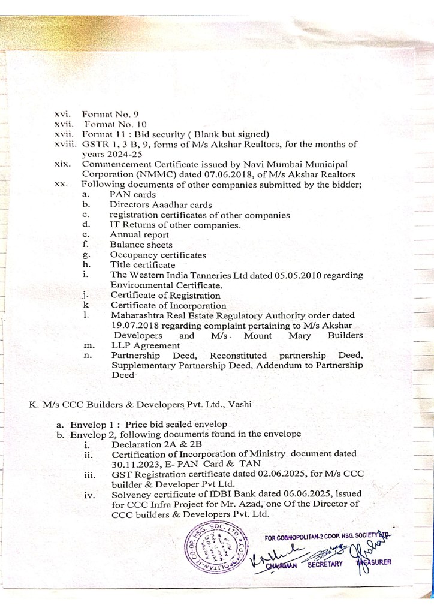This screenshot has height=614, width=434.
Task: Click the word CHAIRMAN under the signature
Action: point(279,563)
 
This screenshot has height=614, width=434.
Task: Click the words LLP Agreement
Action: point(144,345)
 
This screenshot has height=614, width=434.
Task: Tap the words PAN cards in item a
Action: point(132,194)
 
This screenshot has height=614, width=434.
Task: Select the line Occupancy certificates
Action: point(158,255)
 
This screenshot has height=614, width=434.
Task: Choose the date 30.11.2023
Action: point(137,463)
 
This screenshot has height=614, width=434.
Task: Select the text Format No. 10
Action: point(108,123)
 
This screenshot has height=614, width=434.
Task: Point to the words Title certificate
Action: point(143,264)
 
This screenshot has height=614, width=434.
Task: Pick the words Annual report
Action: point(139,234)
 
